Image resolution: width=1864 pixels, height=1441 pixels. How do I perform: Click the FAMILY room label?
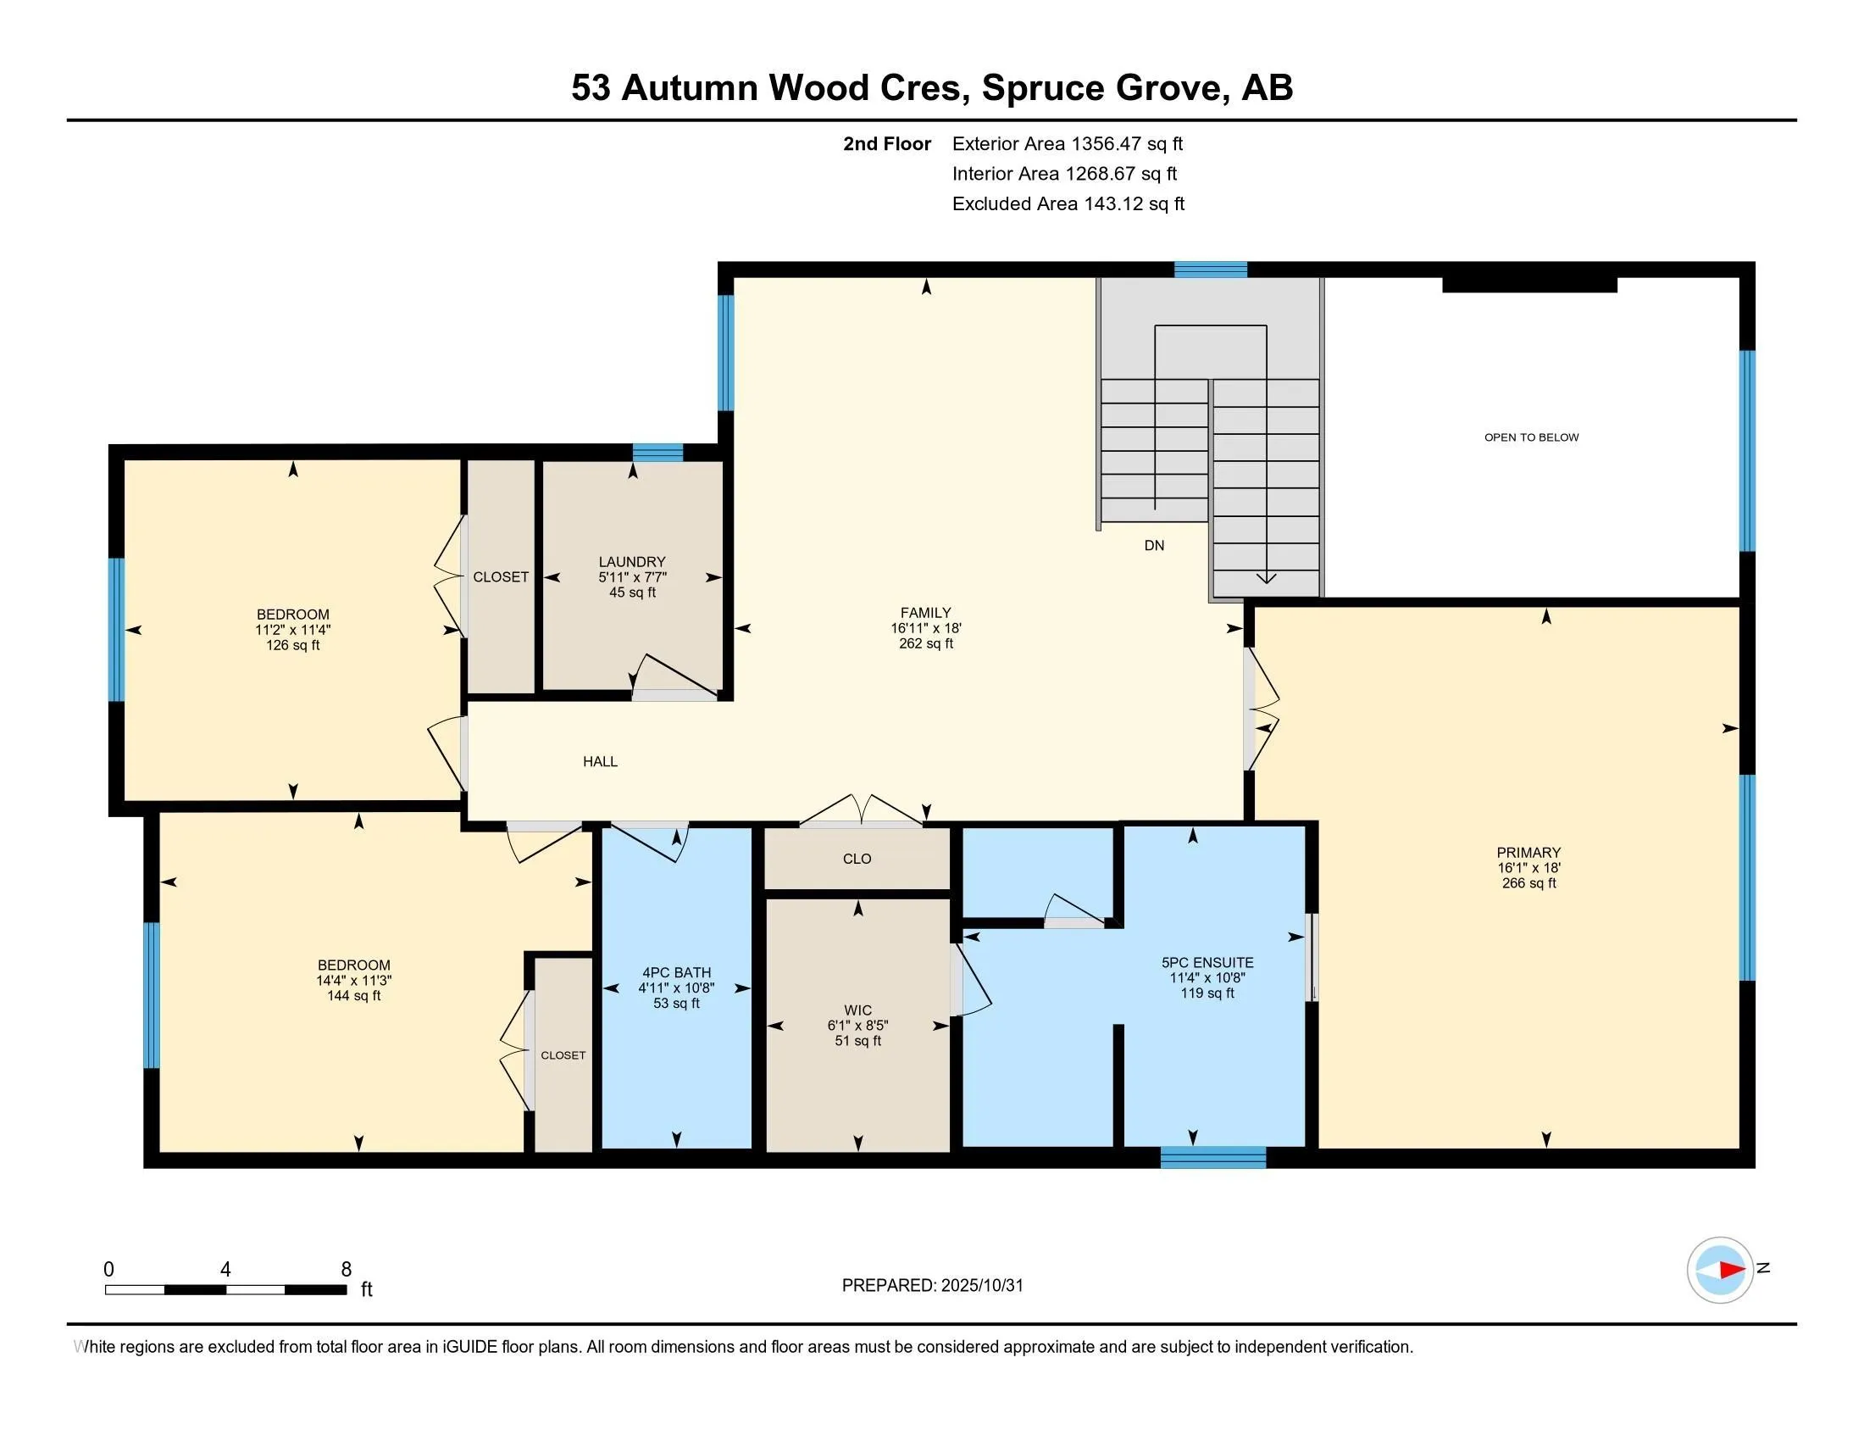925,613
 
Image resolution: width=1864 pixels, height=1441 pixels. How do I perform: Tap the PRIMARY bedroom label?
1528,853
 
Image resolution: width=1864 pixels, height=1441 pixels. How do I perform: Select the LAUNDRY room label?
631,562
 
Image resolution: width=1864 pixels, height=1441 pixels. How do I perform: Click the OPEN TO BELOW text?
1531,437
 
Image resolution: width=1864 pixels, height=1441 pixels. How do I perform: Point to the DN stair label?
1154,546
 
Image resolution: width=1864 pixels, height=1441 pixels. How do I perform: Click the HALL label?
600,761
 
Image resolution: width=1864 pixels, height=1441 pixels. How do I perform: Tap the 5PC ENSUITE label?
1207,962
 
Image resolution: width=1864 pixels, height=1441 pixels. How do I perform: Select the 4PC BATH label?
676,972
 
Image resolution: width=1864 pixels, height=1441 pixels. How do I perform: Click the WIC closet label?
857,1010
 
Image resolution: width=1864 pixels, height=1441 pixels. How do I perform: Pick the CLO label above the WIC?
857,859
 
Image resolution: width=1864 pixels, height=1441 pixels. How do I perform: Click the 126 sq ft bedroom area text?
293,645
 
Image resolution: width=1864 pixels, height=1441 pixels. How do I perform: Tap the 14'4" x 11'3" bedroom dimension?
353,981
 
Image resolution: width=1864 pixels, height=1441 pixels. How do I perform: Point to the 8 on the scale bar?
346,1270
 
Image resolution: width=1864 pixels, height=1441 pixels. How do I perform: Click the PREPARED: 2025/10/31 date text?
932,1286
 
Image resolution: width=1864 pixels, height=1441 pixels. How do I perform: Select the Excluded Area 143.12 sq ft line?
1068,204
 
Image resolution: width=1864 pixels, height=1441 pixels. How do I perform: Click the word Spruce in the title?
1041,88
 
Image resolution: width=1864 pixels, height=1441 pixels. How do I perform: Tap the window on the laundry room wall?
657,453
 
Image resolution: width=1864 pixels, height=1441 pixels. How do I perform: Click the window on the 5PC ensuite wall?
1212,1158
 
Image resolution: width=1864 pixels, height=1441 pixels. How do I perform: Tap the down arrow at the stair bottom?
1267,579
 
